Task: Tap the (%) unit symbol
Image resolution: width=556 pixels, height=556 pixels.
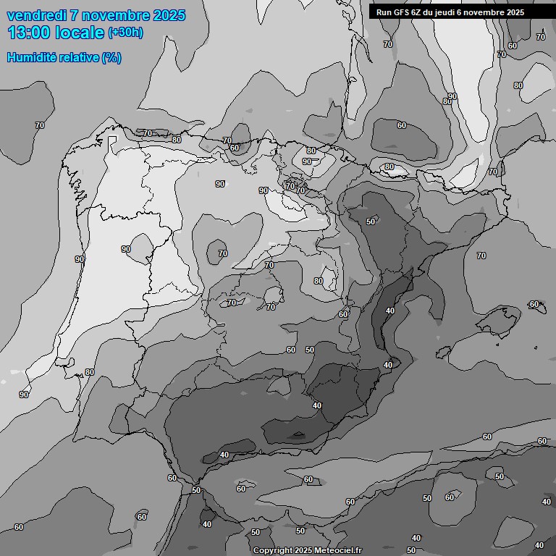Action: (x=111, y=57)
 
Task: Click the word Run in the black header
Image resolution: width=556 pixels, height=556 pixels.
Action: (x=384, y=12)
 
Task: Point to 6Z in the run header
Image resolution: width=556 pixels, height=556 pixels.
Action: (x=418, y=12)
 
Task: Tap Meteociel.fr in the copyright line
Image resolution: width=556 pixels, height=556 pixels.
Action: (x=338, y=551)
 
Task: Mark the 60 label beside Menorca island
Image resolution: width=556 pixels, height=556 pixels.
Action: (x=534, y=304)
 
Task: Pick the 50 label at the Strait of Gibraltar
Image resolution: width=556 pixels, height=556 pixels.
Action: (x=196, y=490)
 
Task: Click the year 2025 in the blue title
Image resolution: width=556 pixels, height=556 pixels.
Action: (x=167, y=15)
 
